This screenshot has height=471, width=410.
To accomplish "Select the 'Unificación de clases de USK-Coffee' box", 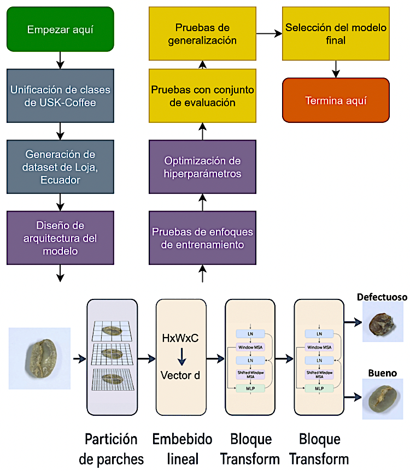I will [x=61, y=96].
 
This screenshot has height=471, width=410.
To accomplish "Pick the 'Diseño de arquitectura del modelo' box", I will [x=61, y=238].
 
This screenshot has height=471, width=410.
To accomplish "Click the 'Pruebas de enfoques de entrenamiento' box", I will [x=202, y=238].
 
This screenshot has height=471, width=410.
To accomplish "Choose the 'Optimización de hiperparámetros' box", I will [x=202, y=167].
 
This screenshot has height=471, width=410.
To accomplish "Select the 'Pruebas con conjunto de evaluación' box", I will [x=202, y=96].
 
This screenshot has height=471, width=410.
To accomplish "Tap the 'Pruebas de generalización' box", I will [x=202, y=33].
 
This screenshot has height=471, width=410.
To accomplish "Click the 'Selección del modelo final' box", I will [x=336, y=33].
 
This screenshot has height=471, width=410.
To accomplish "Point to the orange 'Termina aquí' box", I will [x=336, y=101].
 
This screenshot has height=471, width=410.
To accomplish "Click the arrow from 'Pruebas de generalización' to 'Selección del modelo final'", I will [x=269, y=33].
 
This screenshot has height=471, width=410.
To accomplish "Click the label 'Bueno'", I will [x=382, y=373].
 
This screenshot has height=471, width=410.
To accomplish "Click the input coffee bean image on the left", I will [x=40, y=358].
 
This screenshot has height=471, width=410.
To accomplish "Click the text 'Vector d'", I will [x=181, y=375].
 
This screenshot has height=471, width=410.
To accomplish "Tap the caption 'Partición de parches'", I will [x=112, y=449].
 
